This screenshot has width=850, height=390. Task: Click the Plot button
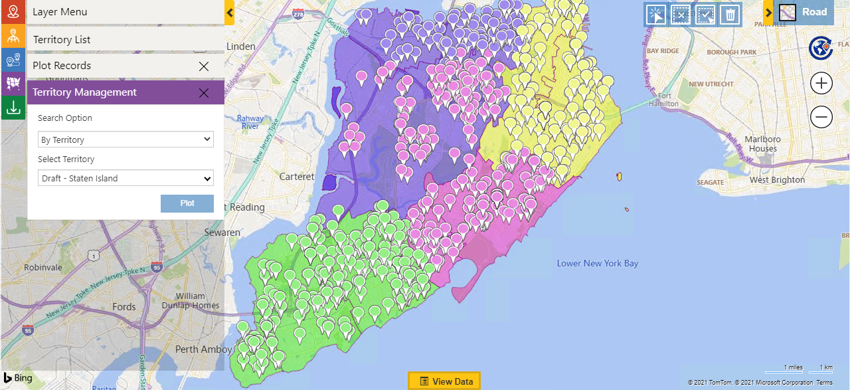click(187, 203)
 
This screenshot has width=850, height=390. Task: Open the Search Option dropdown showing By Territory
click(126, 140)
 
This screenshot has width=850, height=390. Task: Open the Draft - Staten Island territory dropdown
click(126, 178)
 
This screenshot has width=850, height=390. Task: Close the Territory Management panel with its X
click(204, 93)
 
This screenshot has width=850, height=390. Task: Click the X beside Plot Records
click(204, 66)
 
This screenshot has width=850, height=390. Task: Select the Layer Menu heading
click(60, 12)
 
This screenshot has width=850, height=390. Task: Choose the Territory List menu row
click(62, 40)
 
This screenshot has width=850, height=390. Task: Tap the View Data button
click(444, 381)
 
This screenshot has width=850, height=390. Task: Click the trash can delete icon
click(730, 14)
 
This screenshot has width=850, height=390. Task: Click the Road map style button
click(805, 12)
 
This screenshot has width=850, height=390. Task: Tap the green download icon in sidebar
click(13, 107)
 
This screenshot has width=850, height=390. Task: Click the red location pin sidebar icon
click(13, 12)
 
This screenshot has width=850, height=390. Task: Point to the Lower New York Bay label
click(597, 264)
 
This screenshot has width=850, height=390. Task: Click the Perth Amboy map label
click(204, 349)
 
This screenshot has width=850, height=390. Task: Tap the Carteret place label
click(297, 177)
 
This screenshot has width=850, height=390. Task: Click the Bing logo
click(18, 378)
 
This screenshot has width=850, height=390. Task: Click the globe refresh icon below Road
click(821, 49)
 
